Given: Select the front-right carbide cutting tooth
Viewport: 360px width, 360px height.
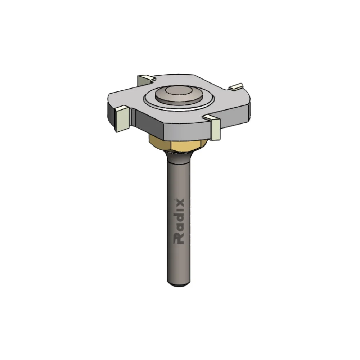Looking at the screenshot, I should [214, 127].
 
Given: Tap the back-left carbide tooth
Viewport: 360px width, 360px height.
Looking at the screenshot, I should [147, 79].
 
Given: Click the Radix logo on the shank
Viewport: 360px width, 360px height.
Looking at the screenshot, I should [179, 221].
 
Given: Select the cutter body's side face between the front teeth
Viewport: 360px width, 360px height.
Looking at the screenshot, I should [169, 130].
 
